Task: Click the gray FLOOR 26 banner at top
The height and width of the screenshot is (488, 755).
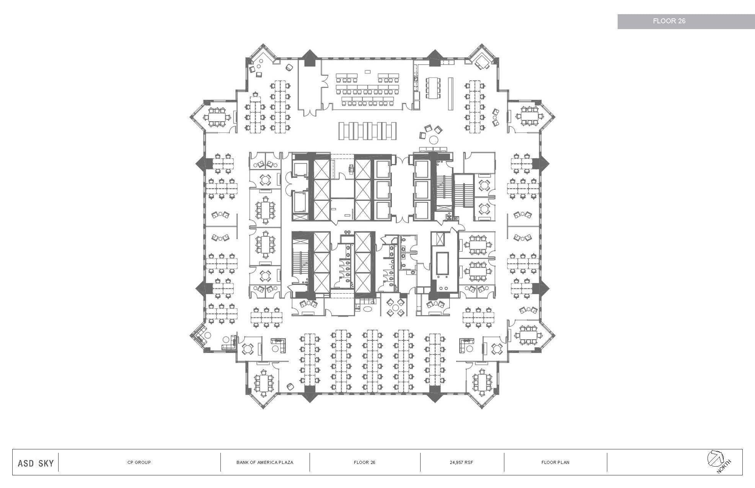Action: tap(680, 21)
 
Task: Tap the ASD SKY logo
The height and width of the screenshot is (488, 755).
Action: tap(36, 463)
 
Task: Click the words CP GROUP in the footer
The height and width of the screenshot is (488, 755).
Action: tap(139, 462)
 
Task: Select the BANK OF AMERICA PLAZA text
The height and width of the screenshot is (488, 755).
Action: tap(265, 462)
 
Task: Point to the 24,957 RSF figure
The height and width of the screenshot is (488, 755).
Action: tap(461, 462)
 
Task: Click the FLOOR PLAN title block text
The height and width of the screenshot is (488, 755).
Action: tap(555, 462)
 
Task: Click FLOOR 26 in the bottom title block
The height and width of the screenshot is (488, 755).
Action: tap(364, 462)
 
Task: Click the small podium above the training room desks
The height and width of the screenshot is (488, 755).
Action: tap(367, 71)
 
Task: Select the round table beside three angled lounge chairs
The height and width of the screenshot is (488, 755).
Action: tap(434, 140)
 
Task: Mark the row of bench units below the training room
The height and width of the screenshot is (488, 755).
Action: tap(367, 132)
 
